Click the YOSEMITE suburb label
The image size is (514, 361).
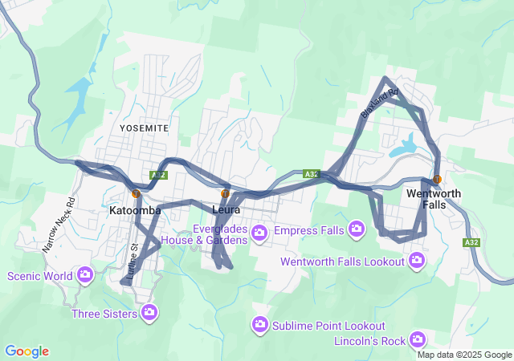click(144, 128)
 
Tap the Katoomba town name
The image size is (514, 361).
click(135, 210)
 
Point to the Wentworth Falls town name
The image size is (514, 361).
click(434, 199)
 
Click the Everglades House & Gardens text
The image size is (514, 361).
click(204, 233)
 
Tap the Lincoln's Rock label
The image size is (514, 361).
click(370, 342)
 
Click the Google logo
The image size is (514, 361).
click(27, 351)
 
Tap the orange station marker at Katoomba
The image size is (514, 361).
click(136, 193)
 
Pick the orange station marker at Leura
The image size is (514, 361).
click(225, 193)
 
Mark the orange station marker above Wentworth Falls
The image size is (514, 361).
click(437, 179)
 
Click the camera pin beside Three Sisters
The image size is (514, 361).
click(149, 312)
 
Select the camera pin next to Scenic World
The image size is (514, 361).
click(85, 275)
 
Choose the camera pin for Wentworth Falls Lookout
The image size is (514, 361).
click(417, 260)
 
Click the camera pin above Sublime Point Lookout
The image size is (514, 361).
click(259, 324)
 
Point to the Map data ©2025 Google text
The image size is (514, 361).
click(464, 355)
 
